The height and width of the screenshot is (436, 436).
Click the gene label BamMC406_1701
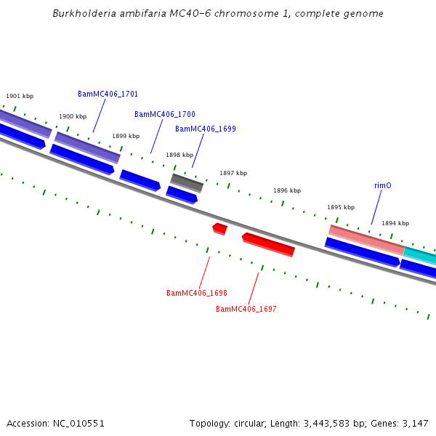[108, 94]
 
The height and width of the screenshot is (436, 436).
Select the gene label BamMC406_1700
[164, 114]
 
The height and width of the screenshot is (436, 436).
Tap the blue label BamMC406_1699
[205, 129]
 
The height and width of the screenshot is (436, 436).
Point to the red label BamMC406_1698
[196, 293]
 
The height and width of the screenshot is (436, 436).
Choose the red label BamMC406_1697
[246, 309]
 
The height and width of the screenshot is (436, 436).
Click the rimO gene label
[383, 185]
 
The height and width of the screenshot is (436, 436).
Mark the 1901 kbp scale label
[20, 96]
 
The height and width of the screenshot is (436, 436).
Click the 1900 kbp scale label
[73, 116]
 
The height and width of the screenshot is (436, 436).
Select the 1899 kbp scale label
[126, 136]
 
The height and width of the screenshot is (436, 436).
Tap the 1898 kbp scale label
[179, 155]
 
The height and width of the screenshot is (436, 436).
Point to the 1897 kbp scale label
[233, 173]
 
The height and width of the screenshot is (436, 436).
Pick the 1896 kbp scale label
[287, 190]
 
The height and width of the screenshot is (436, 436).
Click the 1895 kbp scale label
[341, 207]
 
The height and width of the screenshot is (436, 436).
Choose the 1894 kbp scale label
[395, 223]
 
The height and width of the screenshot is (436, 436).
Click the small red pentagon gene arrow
[219, 229]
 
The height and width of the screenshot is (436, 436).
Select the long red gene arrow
[268, 244]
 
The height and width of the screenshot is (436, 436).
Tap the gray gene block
[187, 182]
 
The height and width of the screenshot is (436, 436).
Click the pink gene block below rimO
[366, 239]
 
